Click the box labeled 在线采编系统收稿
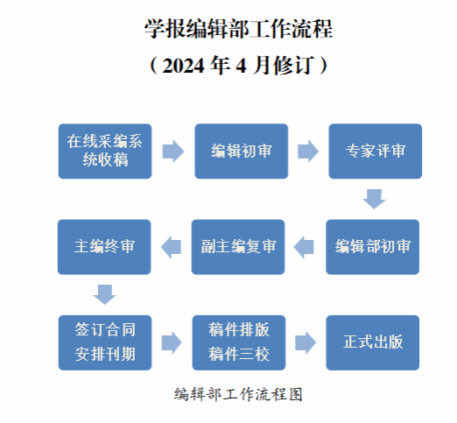tap(105, 152)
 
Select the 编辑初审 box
tap(242, 152)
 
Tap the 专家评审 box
tap(376, 152)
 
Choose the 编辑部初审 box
tap(373, 247)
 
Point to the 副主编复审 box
tap(238, 247)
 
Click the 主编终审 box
tap(104, 247)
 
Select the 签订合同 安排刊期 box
tap(105, 342)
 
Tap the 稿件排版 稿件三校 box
tap(239, 342)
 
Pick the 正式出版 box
tap(373, 342)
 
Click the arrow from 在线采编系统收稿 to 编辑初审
tap(173, 152)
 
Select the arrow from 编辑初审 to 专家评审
tap(308, 152)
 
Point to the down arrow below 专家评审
tap(375, 199)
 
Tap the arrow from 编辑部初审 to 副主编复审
tap(304, 247)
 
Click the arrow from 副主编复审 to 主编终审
tap(171, 247)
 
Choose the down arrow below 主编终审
tap(104, 294)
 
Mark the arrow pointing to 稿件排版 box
tap(172, 342)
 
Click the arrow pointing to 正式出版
tap(306, 342)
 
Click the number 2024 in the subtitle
tap(183, 66)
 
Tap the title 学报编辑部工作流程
tap(239, 29)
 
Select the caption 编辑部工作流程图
tap(238, 394)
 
